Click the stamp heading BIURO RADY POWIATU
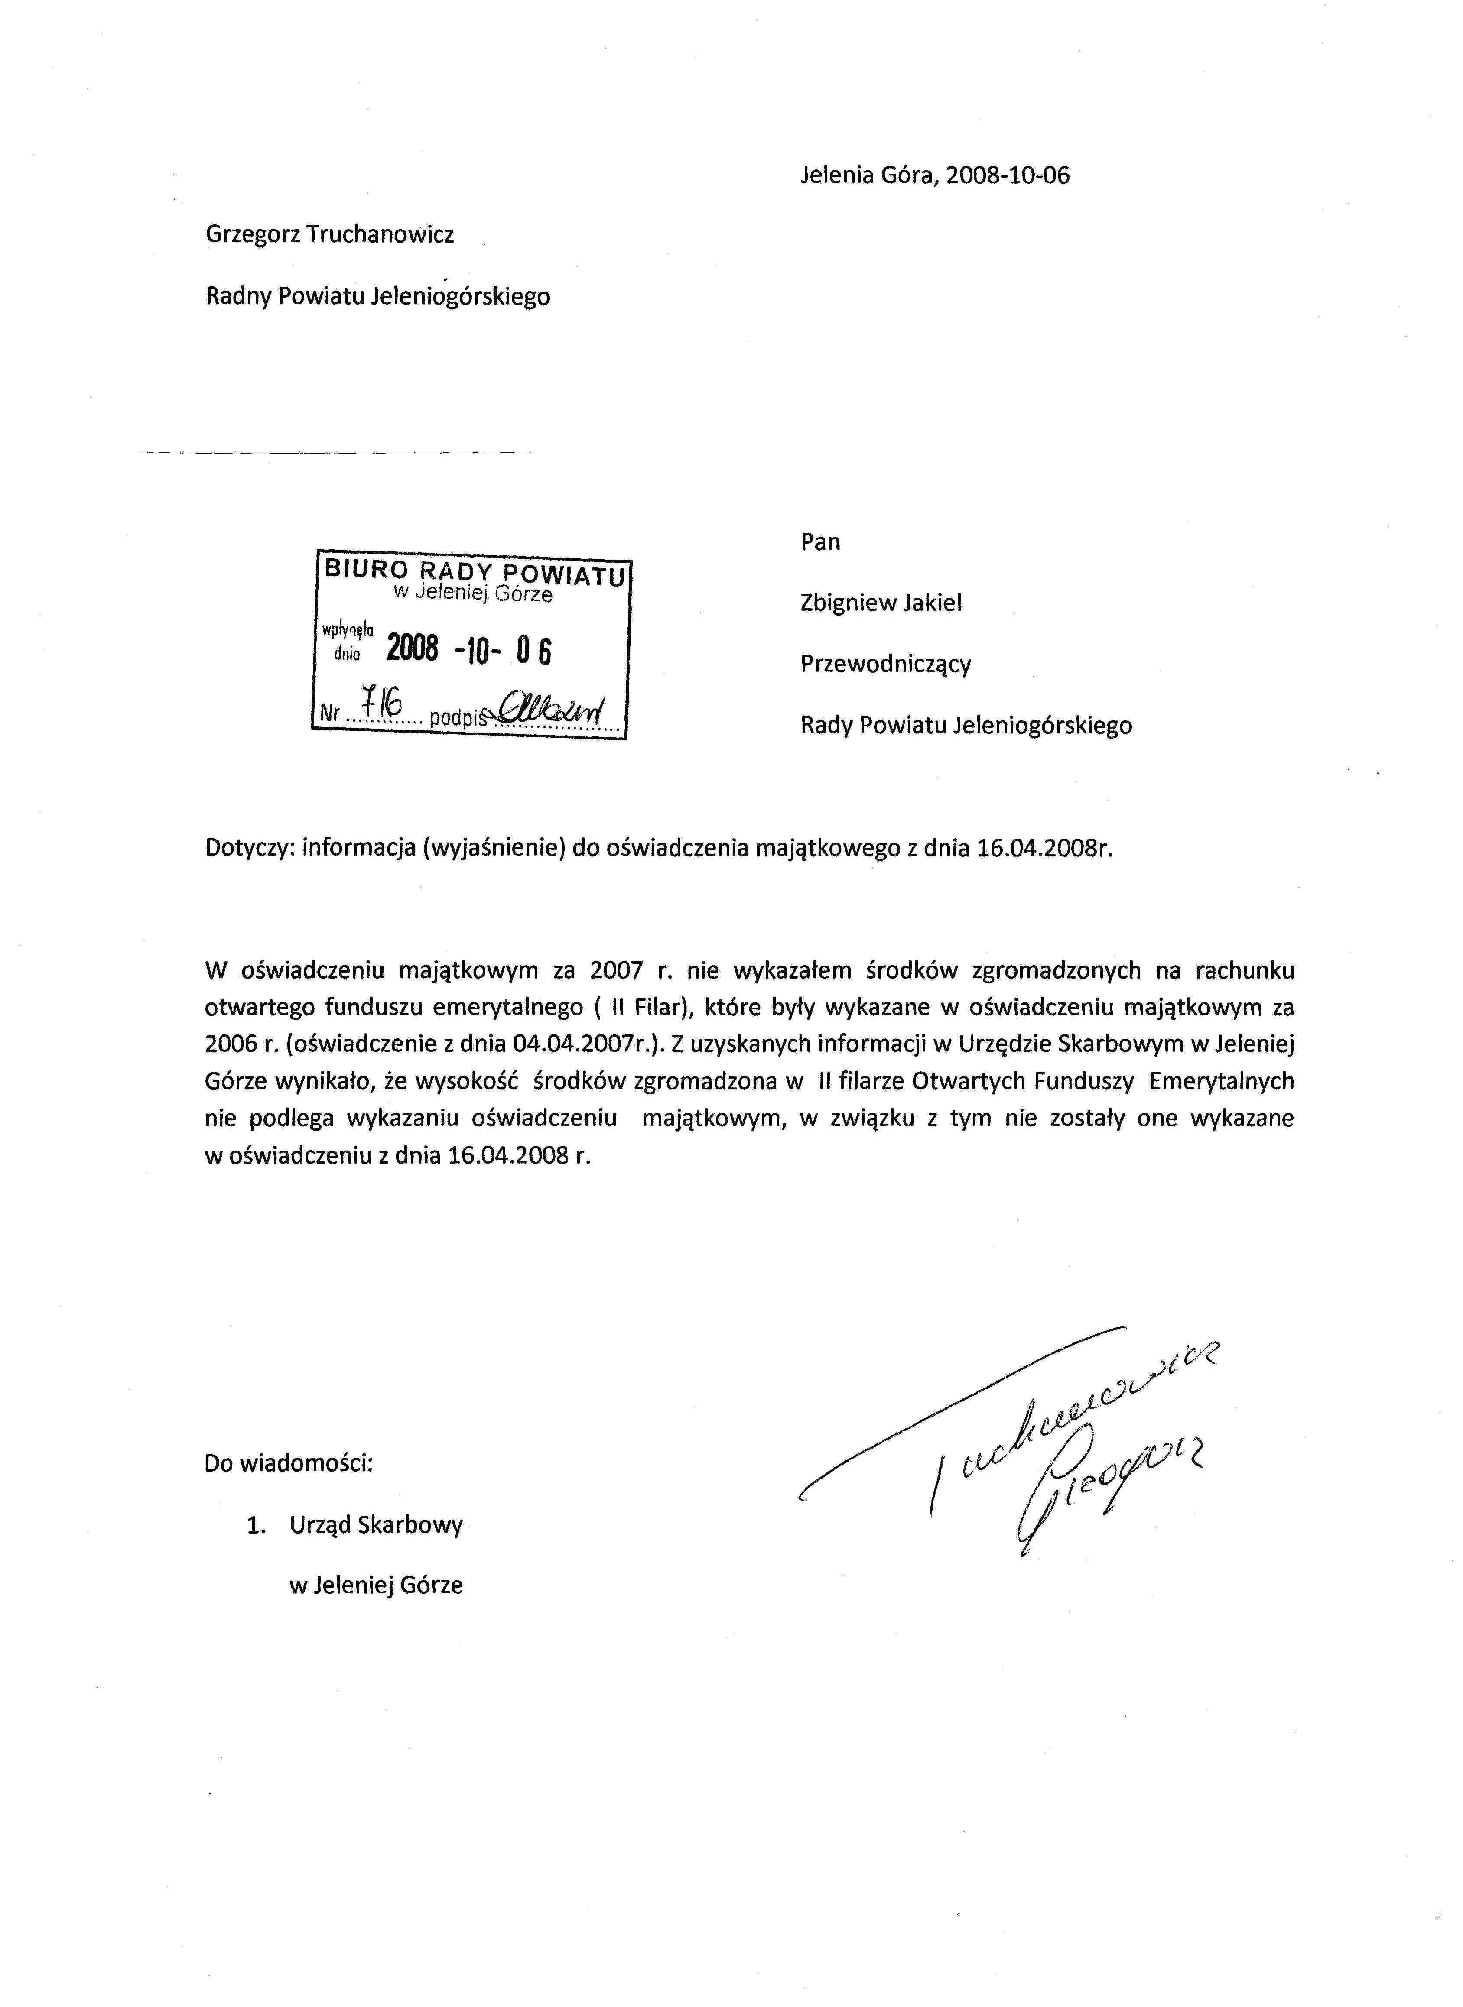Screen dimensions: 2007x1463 (475, 571)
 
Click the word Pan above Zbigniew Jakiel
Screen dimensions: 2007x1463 (820, 542)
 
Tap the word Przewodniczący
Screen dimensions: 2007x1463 (886, 664)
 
